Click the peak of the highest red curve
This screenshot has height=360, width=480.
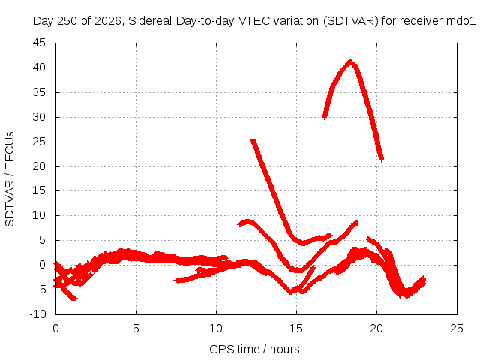coord(350,61)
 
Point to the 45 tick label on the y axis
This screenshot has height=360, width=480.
coord(39,43)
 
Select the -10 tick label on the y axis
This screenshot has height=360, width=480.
coord(37,314)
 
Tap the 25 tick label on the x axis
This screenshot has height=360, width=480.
coord(457,328)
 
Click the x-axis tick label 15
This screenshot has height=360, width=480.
coord(296,328)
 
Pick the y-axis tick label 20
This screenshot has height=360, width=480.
coord(39,166)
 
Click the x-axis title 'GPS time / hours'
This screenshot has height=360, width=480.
coord(254,349)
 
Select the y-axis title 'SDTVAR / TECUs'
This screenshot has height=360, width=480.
coord(10,179)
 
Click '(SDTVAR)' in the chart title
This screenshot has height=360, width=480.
coord(351,21)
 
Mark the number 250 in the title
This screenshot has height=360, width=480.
coord(67,21)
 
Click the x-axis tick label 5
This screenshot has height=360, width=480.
coord(136,328)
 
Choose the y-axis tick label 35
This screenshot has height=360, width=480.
coord(39,92)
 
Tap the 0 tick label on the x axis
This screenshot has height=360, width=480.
coord(55,328)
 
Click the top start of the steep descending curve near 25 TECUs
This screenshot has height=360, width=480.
coord(253,140)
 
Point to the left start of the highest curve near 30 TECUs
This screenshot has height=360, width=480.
coord(325,117)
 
